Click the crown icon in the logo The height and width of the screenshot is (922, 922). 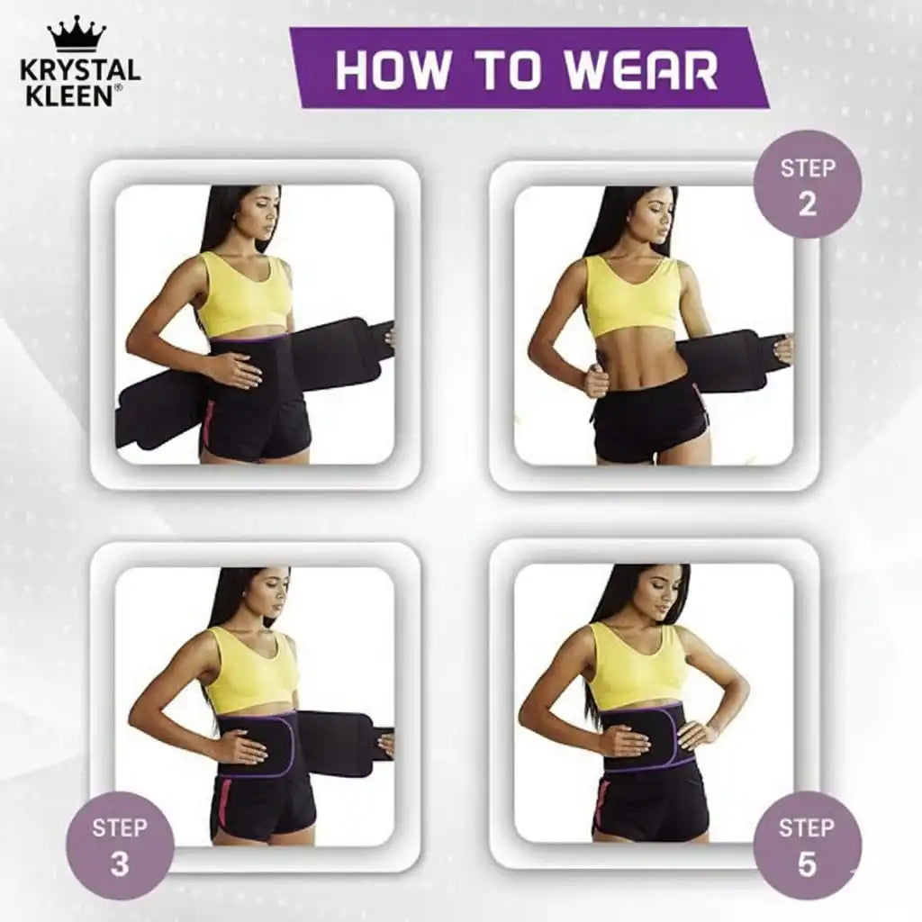tap(77, 34)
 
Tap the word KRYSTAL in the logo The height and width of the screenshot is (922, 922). tap(81, 70)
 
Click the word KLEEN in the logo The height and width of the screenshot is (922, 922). tap(68, 95)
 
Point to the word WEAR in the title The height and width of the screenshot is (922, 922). tap(644, 69)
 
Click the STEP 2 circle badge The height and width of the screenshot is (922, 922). tap(807, 185)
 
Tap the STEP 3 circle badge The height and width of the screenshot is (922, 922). tap(120, 845)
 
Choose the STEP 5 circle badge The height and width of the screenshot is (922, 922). tap(807, 845)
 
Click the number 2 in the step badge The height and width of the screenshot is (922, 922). tap(807, 203)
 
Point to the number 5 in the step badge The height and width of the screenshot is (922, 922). tap(807, 864)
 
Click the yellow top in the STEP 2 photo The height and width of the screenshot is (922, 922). tap(632, 297)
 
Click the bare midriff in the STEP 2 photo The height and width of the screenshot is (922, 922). tap(635, 360)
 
